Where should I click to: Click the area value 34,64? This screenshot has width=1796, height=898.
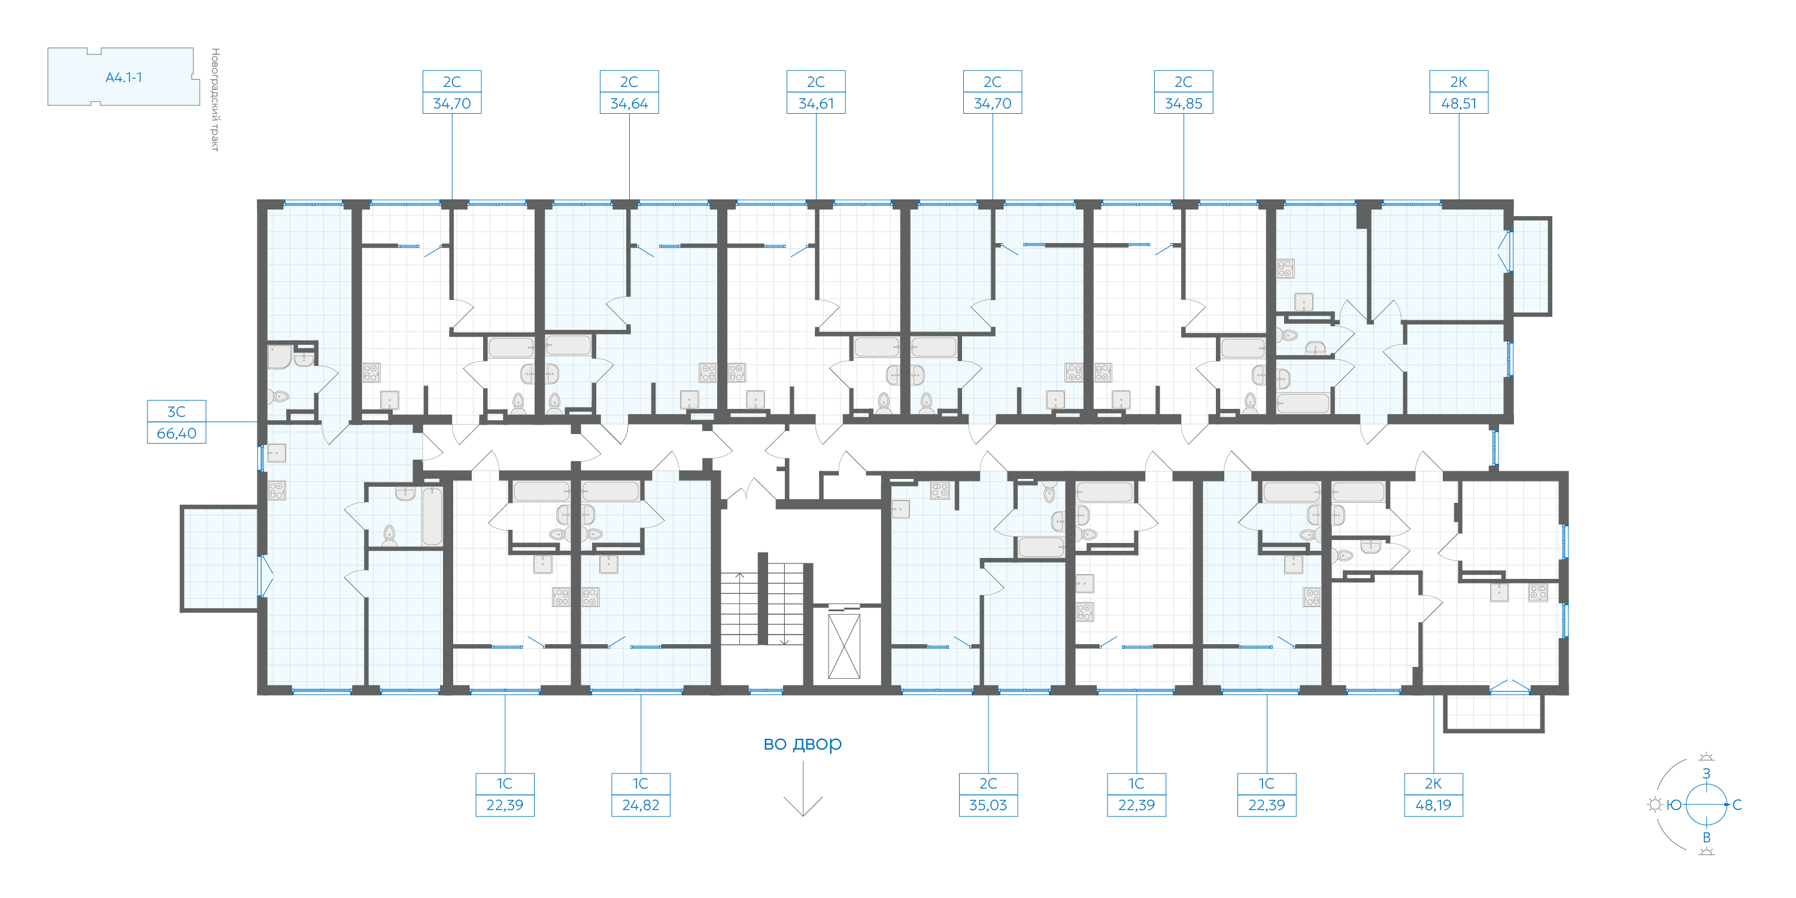click(x=629, y=103)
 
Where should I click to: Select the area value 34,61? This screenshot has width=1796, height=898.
click(x=816, y=103)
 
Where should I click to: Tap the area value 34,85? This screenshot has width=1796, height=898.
click(x=1183, y=103)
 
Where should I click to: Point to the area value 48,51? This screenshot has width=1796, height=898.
click(x=1458, y=103)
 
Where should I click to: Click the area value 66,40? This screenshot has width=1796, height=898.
click(x=177, y=433)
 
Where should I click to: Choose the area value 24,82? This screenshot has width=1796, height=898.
click(x=641, y=805)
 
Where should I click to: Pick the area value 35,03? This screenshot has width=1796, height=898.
click(x=988, y=805)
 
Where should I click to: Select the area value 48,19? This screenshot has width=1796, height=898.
click(x=1433, y=805)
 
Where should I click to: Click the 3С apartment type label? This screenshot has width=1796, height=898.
click(x=177, y=411)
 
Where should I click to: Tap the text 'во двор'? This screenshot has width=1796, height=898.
click(x=802, y=743)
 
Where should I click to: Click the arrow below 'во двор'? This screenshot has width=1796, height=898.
click(x=803, y=788)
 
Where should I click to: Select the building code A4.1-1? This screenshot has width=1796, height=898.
click(x=123, y=77)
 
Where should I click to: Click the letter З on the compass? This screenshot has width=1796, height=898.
click(x=1706, y=773)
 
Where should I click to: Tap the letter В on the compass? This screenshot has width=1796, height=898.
click(x=1706, y=838)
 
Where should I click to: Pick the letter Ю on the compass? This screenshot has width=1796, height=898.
click(x=1674, y=805)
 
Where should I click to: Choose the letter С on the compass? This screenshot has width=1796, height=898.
click(x=1737, y=805)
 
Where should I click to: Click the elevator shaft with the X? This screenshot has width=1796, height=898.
click(x=844, y=645)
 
